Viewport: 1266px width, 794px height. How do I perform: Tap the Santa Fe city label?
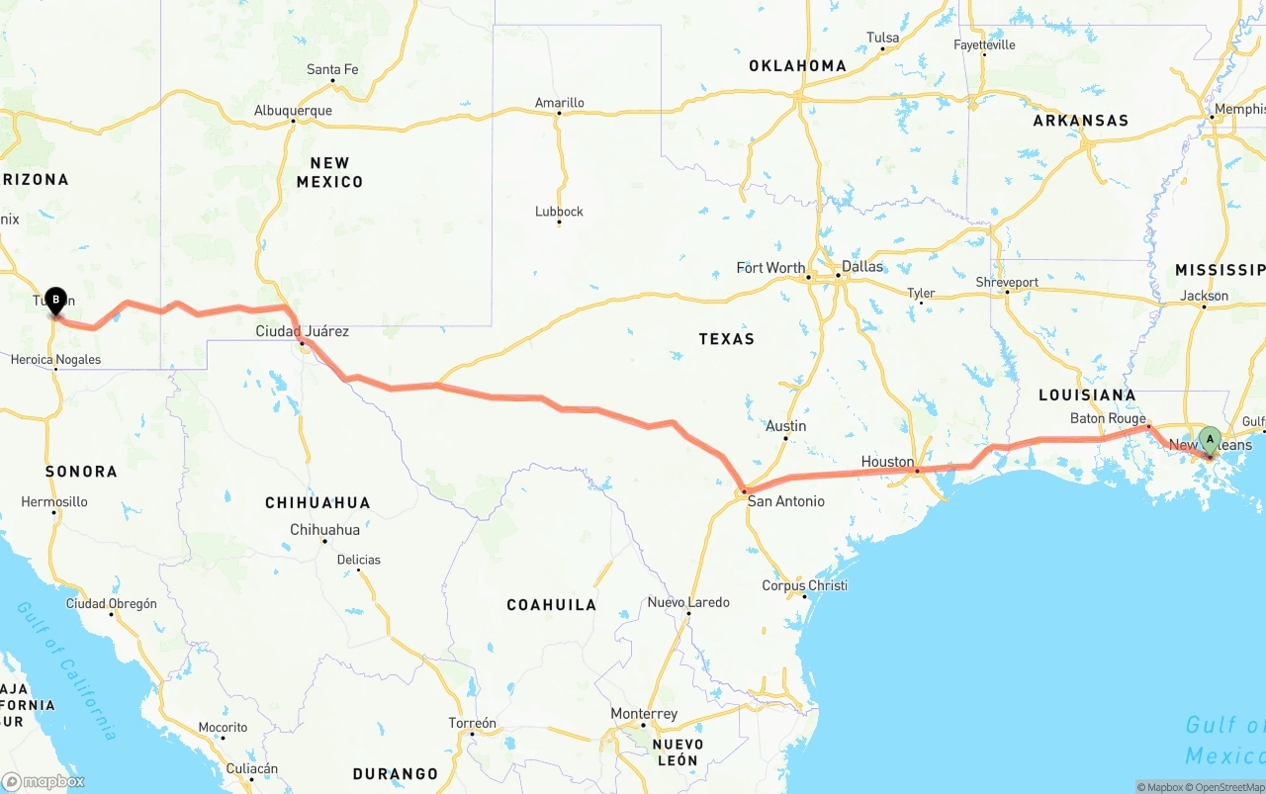(x=332, y=69)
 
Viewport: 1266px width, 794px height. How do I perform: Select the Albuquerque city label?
(x=293, y=111)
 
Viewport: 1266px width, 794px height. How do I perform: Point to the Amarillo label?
(x=560, y=103)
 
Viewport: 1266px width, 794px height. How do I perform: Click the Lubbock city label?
(x=559, y=212)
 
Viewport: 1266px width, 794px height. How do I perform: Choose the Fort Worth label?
(x=770, y=268)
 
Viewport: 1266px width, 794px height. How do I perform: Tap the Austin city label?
(x=786, y=426)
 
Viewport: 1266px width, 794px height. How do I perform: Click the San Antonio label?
(x=785, y=501)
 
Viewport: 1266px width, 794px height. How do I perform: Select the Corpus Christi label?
(x=804, y=585)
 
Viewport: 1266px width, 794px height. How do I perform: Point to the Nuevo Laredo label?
(x=688, y=602)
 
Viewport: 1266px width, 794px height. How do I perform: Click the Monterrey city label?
(x=644, y=714)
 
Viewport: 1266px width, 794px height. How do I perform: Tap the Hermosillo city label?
(x=54, y=502)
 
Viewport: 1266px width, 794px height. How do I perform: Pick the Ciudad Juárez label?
(x=302, y=331)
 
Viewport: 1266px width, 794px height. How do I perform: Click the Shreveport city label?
(x=1007, y=282)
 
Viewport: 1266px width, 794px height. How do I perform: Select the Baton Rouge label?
(x=1108, y=419)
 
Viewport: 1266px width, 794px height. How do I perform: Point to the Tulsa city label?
(x=882, y=38)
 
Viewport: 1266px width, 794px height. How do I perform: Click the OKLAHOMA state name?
(x=797, y=66)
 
